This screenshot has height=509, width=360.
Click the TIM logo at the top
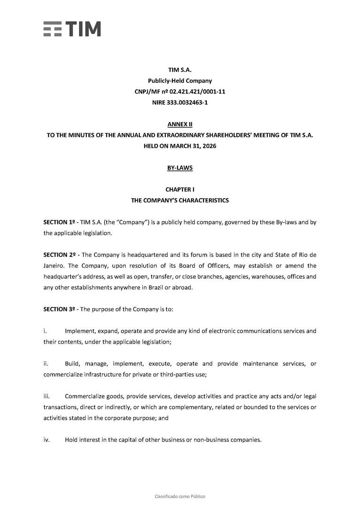pos(72,29)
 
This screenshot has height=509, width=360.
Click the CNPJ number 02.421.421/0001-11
pos(194,92)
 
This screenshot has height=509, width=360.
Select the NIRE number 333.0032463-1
pos(190,102)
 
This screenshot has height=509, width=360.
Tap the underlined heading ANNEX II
pos(180,124)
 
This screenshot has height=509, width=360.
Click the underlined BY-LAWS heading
pos(180,168)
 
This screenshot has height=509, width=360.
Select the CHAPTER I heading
pos(180,190)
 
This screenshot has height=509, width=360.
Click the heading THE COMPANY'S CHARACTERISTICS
pos(180,201)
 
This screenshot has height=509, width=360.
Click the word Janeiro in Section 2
pos(54,266)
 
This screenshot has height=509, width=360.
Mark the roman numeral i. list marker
pos(45,331)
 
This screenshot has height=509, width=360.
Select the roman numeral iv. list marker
pos(47,440)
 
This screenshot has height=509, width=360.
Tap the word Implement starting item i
pos(79,331)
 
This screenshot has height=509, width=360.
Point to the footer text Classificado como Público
pos(180,496)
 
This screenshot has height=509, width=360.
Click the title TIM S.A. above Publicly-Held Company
pos(180,70)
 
